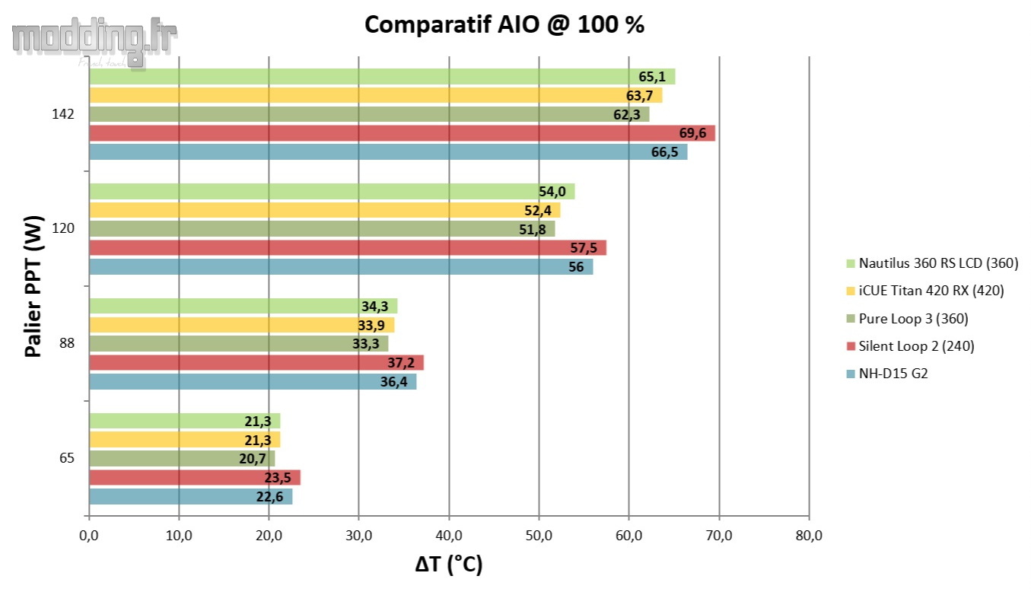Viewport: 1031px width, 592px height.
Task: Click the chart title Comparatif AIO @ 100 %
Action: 504,24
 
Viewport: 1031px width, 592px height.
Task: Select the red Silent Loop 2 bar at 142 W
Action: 402,133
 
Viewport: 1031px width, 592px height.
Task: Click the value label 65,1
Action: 652,77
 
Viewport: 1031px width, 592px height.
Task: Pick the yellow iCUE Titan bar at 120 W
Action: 324,210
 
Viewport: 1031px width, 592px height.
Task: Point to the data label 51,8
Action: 532,229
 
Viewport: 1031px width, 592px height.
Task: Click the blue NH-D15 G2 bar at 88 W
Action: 253,381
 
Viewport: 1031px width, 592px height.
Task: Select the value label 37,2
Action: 400,363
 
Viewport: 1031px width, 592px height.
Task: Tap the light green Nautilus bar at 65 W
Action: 184,421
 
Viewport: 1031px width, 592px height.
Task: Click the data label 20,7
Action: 252,459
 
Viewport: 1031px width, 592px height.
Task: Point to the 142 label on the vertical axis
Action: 63,114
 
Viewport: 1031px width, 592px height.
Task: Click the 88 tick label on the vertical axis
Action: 66,343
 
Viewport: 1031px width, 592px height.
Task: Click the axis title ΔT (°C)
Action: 449,565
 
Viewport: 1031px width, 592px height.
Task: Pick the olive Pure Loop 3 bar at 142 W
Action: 369,114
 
